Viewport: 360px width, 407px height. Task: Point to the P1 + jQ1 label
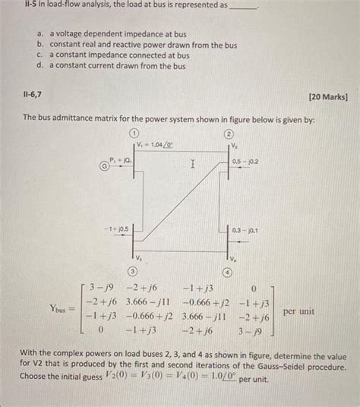tap(120, 161)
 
